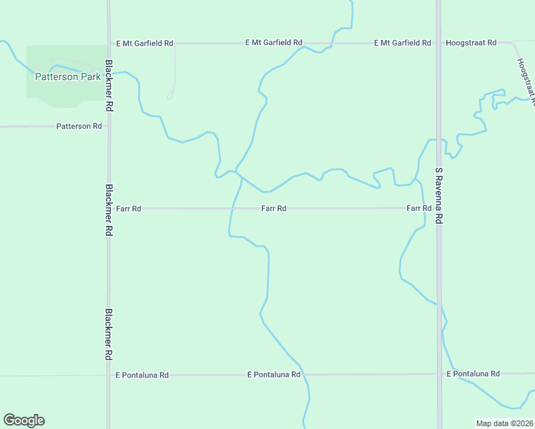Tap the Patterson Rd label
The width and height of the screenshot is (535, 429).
coord(79,127)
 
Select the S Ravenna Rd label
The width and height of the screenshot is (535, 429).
coord(439,196)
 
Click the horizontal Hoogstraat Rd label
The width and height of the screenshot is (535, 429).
coord(471,43)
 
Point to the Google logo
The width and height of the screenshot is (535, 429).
coord(24,420)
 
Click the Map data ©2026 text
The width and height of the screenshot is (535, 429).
coord(504,423)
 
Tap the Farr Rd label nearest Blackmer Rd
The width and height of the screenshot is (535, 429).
coord(129,209)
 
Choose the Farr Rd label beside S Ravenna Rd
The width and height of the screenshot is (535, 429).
coord(418,208)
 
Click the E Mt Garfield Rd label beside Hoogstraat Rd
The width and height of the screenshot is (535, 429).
coord(403,43)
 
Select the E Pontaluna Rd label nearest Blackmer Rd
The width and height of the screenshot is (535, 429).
coord(142,375)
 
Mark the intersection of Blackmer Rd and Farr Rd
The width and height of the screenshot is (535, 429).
coord(109,209)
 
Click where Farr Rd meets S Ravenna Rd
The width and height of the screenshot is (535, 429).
coord(439,208)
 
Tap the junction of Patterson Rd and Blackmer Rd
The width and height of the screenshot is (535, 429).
coord(109,127)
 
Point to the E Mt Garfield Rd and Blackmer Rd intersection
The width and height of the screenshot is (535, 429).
coord(109,43)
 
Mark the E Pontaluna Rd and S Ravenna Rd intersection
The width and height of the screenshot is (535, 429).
coord(439,374)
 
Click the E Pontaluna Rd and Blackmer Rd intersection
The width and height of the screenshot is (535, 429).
coord(109,375)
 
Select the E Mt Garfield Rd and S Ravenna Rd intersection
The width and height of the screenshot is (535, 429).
coord(439,43)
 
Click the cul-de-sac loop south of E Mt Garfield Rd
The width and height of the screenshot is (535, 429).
coord(170,95)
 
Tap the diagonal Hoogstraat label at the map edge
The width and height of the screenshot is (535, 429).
coord(524,79)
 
